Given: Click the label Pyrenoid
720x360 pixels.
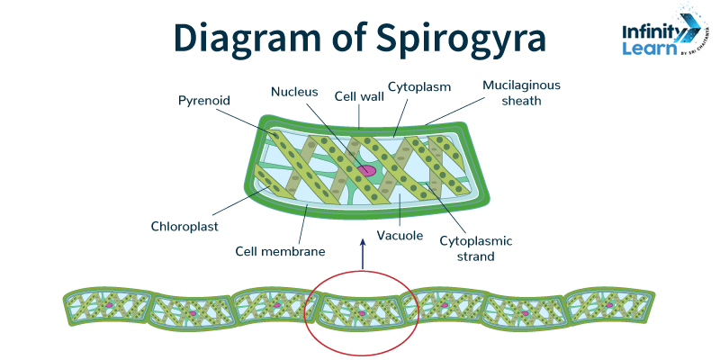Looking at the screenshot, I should (x=204, y=99).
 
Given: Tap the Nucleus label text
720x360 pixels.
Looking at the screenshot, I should (x=295, y=91).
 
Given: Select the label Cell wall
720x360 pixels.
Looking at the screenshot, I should (x=355, y=95).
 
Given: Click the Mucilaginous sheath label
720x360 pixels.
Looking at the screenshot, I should (x=521, y=93).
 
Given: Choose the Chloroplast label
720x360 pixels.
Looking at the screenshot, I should (x=184, y=226).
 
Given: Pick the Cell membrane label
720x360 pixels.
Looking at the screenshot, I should (x=280, y=251).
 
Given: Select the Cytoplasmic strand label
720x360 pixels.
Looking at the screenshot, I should (x=475, y=248).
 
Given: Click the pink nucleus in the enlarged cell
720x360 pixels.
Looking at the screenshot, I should (x=367, y=169).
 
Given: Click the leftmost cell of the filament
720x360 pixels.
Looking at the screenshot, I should (x=106, y=308).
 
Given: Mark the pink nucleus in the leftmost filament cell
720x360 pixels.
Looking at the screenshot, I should (x=110, y=307).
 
